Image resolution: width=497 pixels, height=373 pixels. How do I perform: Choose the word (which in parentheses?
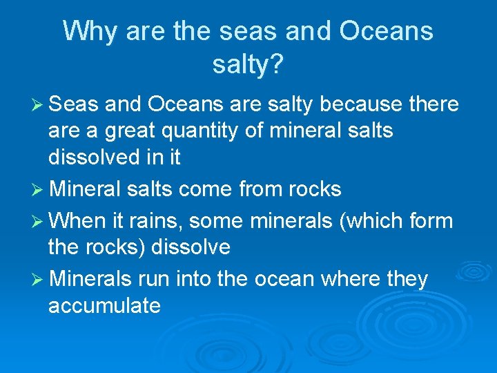(x=362, y=221)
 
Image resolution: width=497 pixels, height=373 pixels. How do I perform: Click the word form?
(x=429, y=221)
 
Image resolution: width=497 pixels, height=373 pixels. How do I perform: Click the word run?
(x=154, y=279)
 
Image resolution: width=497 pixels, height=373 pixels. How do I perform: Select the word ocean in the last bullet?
(x=283, y=279)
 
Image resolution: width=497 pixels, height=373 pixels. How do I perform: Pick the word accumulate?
(x=104, y=305)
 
